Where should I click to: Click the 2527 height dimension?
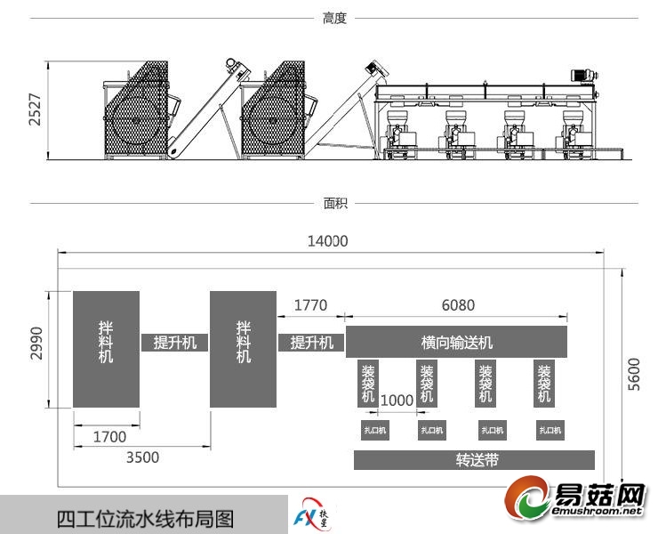click(35, 109)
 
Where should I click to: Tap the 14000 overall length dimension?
click(327, 240)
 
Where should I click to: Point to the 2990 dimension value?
click(36, 343)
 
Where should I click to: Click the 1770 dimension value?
click(309, 305)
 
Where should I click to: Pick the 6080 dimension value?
click(457, 305)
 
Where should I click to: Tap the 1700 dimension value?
click(109, 437)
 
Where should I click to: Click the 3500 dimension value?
click(142, 457)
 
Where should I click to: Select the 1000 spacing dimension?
click(397, 400)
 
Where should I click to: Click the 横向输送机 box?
click(456, 342)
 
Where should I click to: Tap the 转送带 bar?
click(474, 460)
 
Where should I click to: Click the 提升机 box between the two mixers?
click(175, 343)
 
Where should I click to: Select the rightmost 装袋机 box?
click(546, 383)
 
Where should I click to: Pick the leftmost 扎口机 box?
click(375, 431)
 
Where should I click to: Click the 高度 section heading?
click(334, 17)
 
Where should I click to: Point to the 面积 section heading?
click(334, 203)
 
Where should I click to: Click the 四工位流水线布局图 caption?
click(145, 518)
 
